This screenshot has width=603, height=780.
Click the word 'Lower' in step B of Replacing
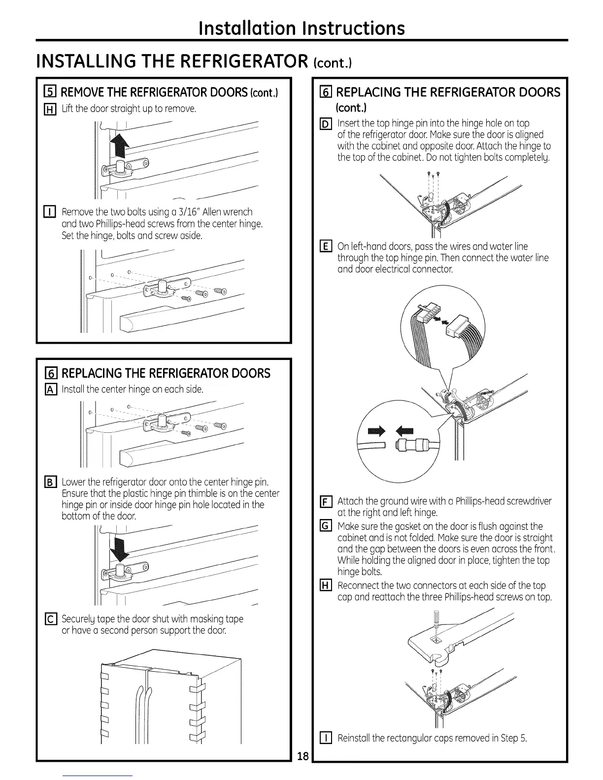tap(73, 482)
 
